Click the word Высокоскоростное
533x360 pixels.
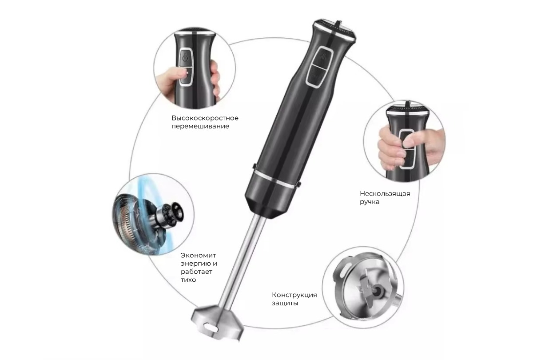[205, 118]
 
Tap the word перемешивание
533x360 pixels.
[200, 126]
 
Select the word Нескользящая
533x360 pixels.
[385, 194]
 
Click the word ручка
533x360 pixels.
[370, 202]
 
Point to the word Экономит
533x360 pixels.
[198, 256]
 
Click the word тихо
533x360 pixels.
[188, 280]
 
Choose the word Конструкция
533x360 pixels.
[294, 295]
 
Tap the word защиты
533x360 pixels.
[285, 304]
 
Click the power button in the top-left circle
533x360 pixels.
[186, 57]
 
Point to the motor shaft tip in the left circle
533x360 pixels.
[176, 211]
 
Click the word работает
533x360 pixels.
[196, 272]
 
